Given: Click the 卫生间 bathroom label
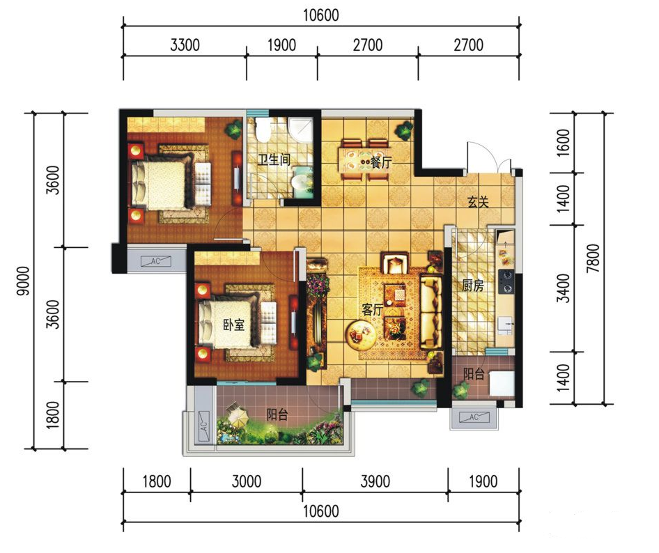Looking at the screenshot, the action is click(274, 159).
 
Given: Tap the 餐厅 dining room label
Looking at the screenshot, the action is click(381, 162).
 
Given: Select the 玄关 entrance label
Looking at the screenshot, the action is click(479, 202).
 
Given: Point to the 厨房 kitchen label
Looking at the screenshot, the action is click(473, 286).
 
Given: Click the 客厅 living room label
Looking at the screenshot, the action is click(373, 310).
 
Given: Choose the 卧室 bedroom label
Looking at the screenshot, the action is click(233, 325).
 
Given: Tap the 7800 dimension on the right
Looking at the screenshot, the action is click(594, 258).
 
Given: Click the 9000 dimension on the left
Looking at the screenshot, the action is click(24, 281).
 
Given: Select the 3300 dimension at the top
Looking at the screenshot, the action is click(185, 45).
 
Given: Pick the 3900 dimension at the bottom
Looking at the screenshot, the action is click(375, 481).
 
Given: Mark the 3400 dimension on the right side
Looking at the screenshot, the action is click(563, 288).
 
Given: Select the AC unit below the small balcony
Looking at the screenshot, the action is click(474, 417).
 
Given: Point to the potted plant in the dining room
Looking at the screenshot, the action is click(404, 131).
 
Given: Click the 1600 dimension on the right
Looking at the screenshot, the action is click(563, 143).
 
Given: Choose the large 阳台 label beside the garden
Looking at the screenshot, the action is click(277, 415).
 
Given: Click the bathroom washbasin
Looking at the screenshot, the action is click(302, 182).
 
